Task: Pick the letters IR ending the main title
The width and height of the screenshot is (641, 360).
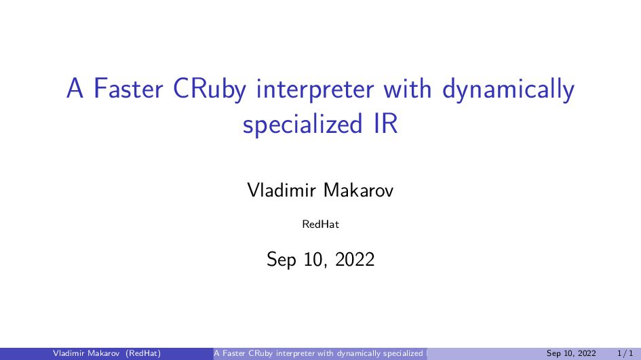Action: click(384, 125)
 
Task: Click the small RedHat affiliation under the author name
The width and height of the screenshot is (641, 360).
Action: click(320, 224)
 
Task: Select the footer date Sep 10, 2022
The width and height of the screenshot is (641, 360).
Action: click(571, 353)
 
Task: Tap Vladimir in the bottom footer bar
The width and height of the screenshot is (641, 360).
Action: click(70, 353)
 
